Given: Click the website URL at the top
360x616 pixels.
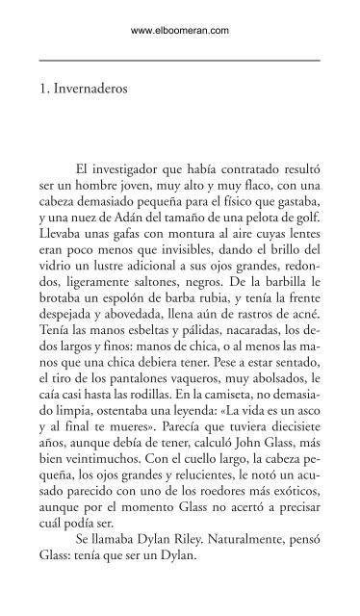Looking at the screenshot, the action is (180, 30).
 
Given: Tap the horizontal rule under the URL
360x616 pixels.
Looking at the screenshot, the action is (180, 60).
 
